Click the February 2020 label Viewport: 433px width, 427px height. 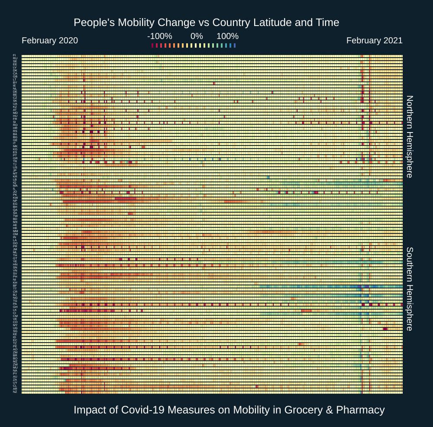tap(50, 41)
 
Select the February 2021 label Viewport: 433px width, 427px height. tap(374, 41)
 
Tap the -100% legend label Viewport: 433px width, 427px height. tap(159, 36)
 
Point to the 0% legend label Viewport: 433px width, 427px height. tap(197, 36)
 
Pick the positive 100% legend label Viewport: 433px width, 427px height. tap(227, 36)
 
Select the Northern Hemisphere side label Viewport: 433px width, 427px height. tap(410, 136)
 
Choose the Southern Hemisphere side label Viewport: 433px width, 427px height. tap(410, 289)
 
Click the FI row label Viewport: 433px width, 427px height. tap(15, 55)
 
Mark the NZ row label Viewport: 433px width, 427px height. tap(15, 392)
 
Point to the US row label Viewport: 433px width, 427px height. tap(15, 168)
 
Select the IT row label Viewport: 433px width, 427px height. tap(15, 143)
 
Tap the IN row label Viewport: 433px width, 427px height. tap(15, 237)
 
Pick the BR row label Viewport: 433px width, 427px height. tap(15, 356)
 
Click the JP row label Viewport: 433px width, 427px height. tap(15, 171)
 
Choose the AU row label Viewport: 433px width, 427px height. tap(15, 377)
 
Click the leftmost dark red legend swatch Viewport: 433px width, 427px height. tap(152, 45)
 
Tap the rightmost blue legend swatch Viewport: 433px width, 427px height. tap(235, 45)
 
